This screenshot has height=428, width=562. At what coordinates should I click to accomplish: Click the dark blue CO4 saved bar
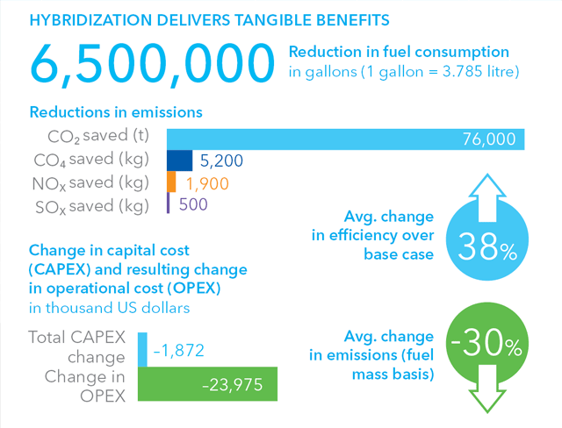[179, 160]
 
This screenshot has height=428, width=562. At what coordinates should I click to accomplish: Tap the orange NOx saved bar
[171, 182]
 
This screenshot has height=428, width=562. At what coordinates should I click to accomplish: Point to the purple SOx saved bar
[168, 204]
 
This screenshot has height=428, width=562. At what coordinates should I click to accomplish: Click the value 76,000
[490, 139]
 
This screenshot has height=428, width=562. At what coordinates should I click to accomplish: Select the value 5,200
[221, 161]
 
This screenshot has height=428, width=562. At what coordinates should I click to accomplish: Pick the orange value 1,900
[206, 183]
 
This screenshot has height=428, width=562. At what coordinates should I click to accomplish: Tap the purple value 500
[192, 205]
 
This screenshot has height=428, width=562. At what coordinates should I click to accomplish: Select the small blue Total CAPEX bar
[143, 349]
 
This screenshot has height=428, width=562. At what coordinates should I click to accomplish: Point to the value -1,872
[179, 350]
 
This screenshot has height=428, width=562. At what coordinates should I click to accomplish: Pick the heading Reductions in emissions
[116, 113]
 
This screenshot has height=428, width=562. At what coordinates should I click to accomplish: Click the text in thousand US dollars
[111, 308]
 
